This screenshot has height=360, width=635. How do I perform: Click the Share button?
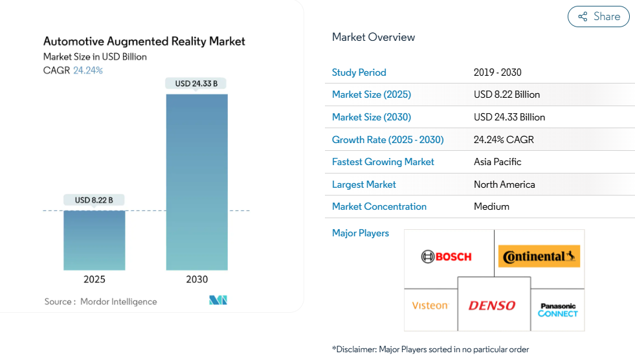point(598,17)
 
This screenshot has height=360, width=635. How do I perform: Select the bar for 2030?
point(197,181)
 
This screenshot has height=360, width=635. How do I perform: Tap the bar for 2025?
point(94,240)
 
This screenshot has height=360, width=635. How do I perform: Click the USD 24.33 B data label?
point(196,84)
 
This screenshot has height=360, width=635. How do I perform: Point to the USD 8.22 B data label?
point(94,200)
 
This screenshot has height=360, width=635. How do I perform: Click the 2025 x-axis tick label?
point(94,280)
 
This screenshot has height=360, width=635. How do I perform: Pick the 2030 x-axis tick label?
point(197,280)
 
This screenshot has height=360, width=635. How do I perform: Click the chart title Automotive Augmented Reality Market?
point(144,41)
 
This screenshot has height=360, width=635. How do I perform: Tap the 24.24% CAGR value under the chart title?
point(88,71)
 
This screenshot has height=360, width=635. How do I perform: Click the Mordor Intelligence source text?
point(118,302)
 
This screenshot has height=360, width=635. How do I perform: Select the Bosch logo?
point(447,256)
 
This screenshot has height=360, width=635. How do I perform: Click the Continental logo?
point(539,256)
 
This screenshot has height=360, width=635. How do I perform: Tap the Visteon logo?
point(430,306)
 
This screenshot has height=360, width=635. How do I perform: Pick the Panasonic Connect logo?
point(557,309)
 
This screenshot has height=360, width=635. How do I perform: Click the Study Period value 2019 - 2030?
point(497,73)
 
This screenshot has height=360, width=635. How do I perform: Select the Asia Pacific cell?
point(497,162)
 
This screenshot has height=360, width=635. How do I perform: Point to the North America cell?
point(504,185)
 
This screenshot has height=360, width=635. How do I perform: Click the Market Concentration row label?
point(379,207)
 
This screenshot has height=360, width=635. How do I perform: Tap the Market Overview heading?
point(373,37)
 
